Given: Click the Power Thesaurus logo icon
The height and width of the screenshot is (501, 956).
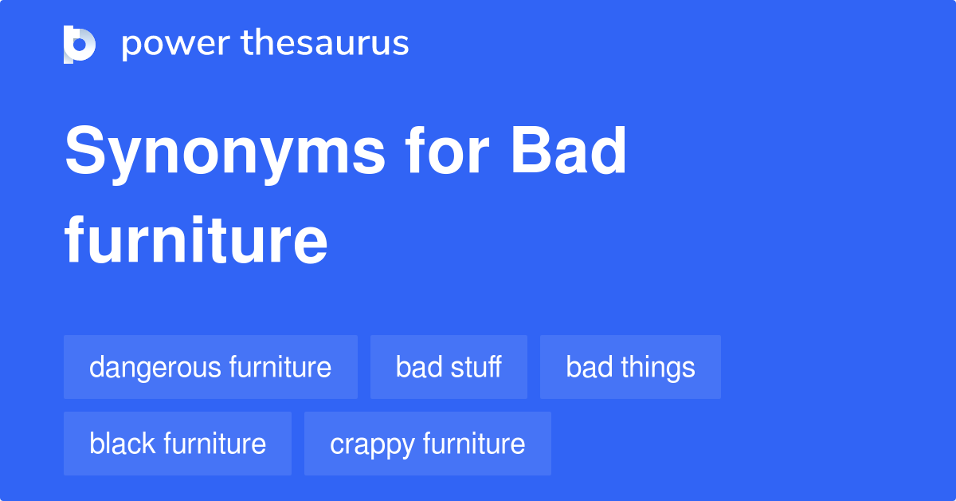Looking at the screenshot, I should tap(80, 44).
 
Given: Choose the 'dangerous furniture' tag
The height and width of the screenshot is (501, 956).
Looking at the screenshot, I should tap(210, 367).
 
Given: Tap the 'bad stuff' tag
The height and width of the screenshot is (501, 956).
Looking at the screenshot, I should tap(449, 367).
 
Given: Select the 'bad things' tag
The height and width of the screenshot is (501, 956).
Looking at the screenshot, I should tap(630, 367).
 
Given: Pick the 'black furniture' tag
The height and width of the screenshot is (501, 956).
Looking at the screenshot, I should tap(178, 444).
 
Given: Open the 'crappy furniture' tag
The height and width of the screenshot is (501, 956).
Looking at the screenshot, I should tap(427, 444).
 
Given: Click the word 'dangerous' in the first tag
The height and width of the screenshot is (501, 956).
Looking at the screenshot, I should tap(155, 367).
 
